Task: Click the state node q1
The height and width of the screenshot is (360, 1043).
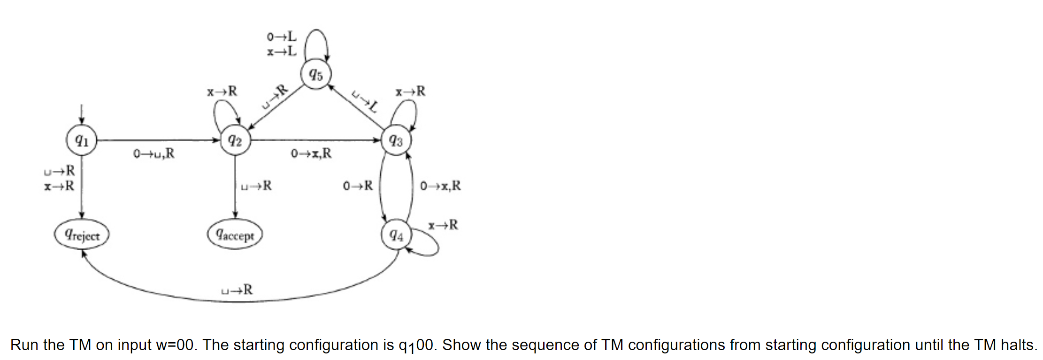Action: coord(82,140)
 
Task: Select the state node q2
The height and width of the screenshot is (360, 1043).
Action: coord(235,140)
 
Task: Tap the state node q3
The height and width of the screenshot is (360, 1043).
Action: coord(396,140)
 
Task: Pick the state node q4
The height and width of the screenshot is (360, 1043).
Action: coord(396,235)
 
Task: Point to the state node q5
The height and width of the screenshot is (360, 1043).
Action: coord(316,74)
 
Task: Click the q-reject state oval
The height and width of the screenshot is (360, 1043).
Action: coord(82,235)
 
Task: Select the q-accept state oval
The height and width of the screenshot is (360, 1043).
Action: coord(235,235)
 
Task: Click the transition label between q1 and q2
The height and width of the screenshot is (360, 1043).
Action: coord(154,153)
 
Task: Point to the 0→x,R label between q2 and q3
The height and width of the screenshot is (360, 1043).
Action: coord(311,153)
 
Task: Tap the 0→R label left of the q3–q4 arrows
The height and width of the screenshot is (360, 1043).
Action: coord(358,186)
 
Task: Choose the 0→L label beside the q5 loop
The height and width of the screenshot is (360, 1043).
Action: coord(282,36)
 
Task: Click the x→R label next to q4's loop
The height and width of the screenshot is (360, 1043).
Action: coord(443,225)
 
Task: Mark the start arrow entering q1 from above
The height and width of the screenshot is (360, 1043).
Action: coord(82,114)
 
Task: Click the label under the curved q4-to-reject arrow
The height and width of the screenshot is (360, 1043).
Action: coord(237,290)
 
